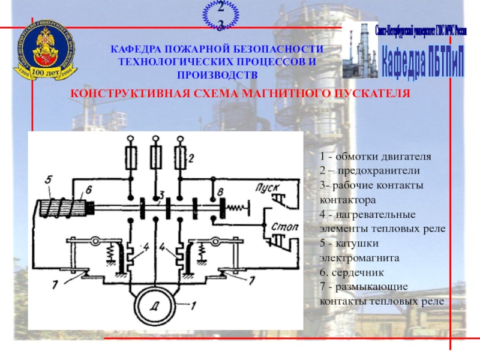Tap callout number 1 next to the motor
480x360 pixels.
[x=193, y=304]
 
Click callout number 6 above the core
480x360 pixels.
[x=88, y=190]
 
